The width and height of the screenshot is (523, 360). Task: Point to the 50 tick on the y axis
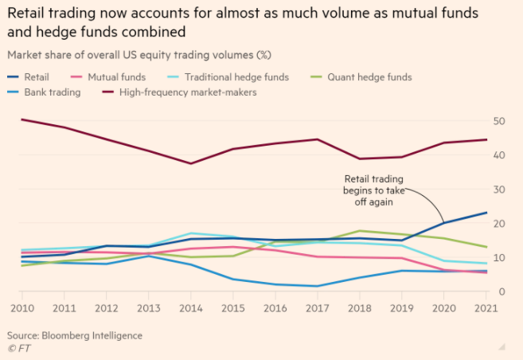pyautogui.click(x=499, y=121)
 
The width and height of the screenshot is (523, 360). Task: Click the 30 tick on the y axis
pyautogui.click(x=499, y=190)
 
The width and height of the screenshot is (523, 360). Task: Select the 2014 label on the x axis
pyautogui.click(x=189, y=307)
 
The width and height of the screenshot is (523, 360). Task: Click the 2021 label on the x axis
pyautogui.click(x=486, y=307)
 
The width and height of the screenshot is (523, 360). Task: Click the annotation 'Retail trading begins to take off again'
pyautogui.click(x=373, y=190)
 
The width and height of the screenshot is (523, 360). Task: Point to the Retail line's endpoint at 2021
pyautogui.click(x=486, y=213)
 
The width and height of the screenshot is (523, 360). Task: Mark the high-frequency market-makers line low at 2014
pyautogui.click(x=189, y=163)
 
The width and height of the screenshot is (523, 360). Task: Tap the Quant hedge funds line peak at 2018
pyautogui.click(x=360, y=231)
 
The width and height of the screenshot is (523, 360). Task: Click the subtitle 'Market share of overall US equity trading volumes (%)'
pyautogui.click(x=141, y=56)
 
